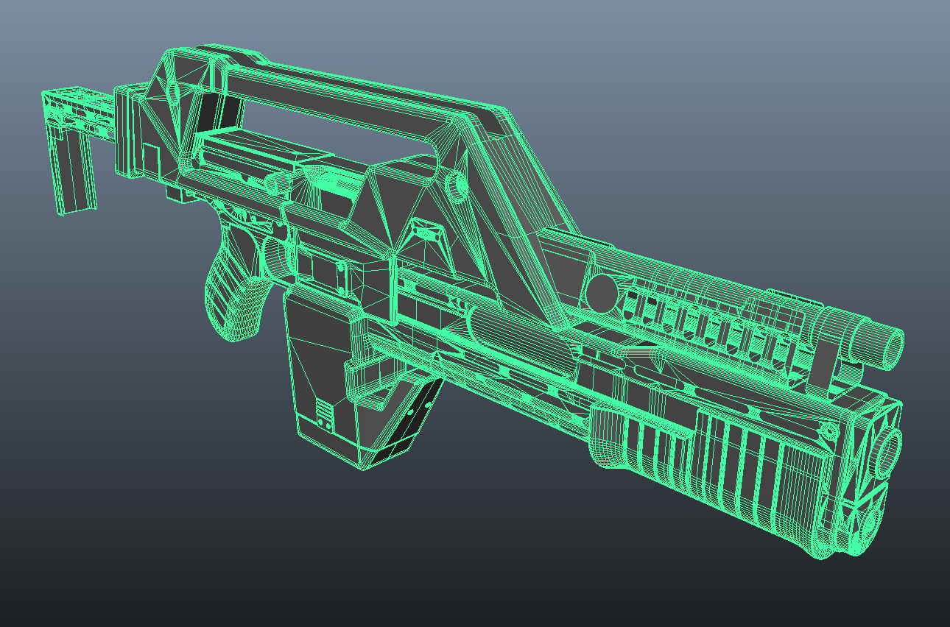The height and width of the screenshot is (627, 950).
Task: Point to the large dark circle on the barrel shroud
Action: click(x=601, y=293)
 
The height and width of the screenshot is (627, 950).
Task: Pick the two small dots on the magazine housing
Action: click(x=324, y=423)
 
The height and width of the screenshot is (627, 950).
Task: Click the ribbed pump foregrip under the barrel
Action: click(x=736, y=464)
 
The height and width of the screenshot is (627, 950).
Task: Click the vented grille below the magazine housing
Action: click(x=412, y=412)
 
